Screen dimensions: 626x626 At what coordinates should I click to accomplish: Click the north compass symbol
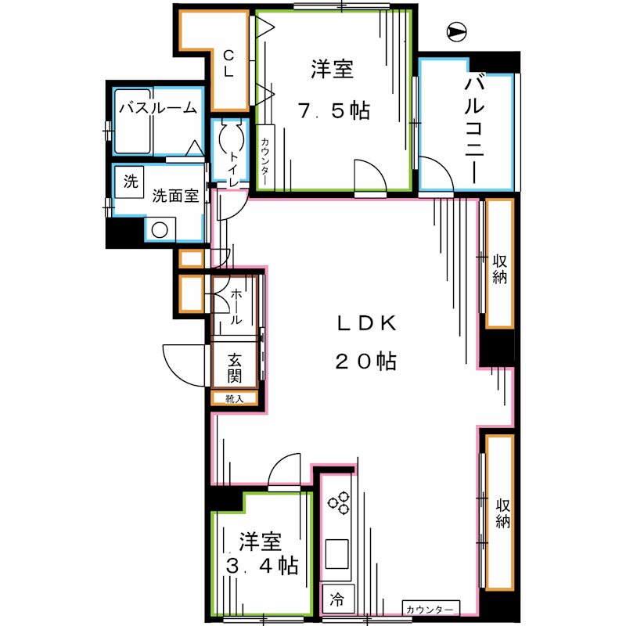pyautogui.click(x=456, y=32)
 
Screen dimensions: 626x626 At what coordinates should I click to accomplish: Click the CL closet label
pyautogui.click(x=229, y=63)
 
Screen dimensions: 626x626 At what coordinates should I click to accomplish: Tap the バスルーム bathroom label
pyautogui.click(x=157, y=109)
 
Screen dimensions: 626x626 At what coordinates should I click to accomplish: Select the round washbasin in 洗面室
pyautogui.click(x=160, y=230)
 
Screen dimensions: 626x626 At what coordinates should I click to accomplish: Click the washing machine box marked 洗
pyautogui.click(x=130, y=182)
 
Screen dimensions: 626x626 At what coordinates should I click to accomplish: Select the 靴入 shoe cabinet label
pyautogui.click(x=235, y=399)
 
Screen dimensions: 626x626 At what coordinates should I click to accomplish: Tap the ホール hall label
pyautogui.click(x=236, y=307)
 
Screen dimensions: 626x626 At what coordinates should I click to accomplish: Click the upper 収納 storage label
pyautogui.click(x=499, y=268)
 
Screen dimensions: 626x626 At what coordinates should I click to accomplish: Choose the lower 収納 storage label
pyautogui.click(x=501, y=513)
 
